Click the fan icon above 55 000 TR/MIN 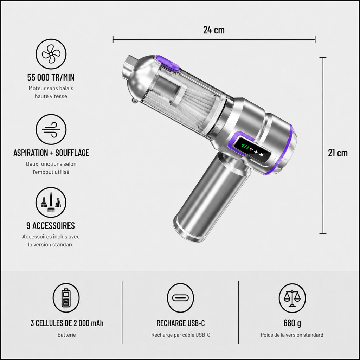51,54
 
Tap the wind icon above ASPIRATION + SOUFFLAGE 51,129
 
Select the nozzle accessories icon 51,202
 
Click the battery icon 66,298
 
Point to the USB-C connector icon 180,298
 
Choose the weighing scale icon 292,298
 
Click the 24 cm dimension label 214,30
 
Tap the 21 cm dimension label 338,153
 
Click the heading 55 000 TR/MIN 51,77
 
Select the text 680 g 292,323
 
